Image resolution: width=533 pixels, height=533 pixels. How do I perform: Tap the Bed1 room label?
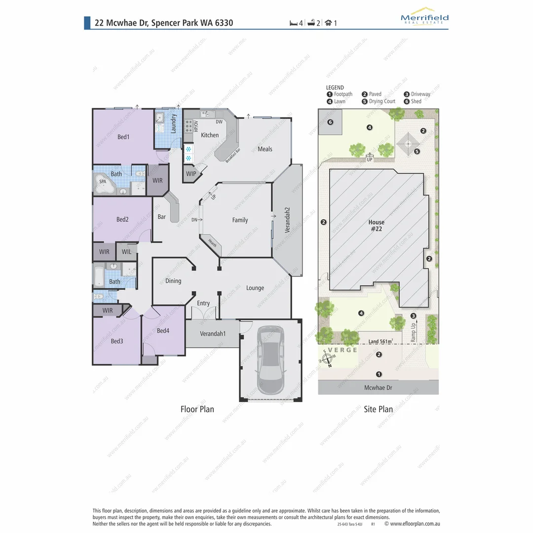123,137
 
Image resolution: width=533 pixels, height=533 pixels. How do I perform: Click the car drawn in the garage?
270,359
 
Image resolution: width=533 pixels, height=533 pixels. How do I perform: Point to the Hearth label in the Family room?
212,243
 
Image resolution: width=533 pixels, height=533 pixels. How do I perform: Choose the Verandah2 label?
287,221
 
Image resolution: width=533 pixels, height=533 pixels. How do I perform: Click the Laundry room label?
174,124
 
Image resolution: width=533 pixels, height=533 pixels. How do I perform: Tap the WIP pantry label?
191,174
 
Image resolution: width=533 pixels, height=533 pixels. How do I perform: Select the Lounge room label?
255,288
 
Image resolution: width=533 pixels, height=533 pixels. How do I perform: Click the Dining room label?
173,281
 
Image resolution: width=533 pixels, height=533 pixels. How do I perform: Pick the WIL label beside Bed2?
127,252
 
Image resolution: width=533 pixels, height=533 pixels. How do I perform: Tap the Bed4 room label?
163,331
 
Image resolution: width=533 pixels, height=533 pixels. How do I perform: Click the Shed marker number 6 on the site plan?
330,122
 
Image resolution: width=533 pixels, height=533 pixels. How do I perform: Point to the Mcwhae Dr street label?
378,388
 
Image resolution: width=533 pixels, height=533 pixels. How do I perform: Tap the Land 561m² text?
381,342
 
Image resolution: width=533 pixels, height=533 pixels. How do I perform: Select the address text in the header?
164,23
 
